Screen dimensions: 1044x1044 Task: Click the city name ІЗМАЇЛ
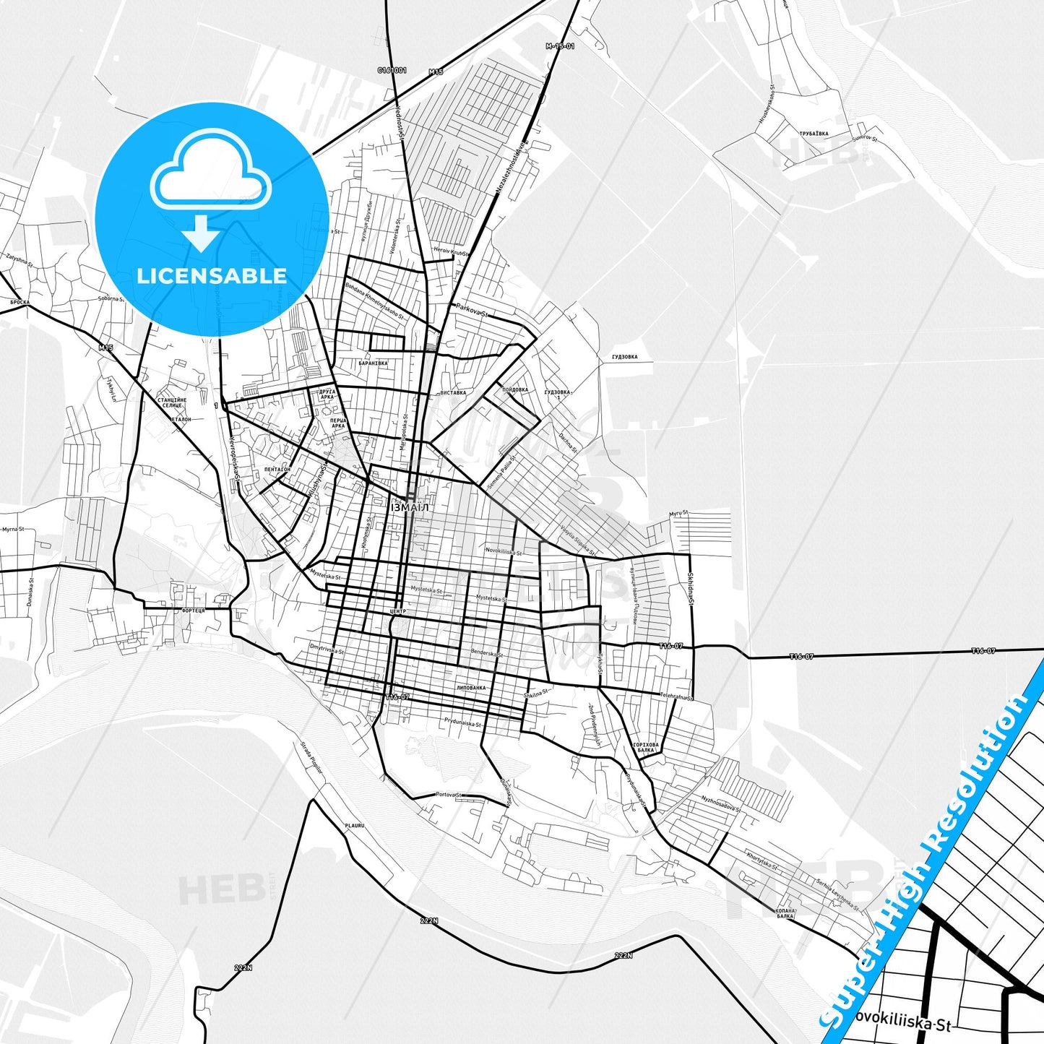(x=410, y=507)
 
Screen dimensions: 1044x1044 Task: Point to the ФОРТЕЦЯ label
(x=194, y=611)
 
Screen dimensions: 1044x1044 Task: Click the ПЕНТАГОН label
(x=277, y=469)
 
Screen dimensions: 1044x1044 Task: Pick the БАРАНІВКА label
(x=373, y=363)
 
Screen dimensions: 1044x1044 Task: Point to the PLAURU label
(x=354, y=825)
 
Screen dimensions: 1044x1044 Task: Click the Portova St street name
(x=449, y=795)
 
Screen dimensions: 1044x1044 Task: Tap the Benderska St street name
(x=486, y=652)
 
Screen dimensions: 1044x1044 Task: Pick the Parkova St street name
(x=472, y=311)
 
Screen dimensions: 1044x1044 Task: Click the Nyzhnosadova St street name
(x=720, y=803)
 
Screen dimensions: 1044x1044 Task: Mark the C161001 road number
(x=392, y=71)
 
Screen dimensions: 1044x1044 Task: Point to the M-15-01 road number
(x=560, y=46)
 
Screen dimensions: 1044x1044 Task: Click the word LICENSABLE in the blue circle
(x=212, y=275)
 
